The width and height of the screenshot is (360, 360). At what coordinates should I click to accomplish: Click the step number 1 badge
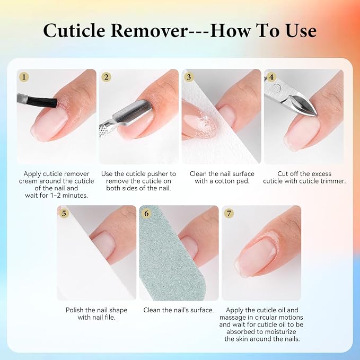click(x=24, y=77)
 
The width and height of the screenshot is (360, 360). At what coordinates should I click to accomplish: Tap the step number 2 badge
click(x=106, y=77)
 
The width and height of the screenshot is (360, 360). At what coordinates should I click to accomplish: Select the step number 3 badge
click(x=189, y=77)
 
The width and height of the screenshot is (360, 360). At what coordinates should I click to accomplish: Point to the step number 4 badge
click(x=271, y=77)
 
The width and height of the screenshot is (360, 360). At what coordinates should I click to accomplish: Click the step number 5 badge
click(x=64, y=213)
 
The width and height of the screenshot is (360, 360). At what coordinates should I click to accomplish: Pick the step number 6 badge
click(x=146, y=213)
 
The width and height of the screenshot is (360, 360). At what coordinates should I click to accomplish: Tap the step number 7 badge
click(x=229, y=213)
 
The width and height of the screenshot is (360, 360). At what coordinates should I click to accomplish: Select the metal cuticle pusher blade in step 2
click(x=133, y=113)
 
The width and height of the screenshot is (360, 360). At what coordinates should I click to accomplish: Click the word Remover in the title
click(x=149, y=31)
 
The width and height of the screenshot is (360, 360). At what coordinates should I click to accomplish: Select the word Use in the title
click(x=301, y=31)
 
